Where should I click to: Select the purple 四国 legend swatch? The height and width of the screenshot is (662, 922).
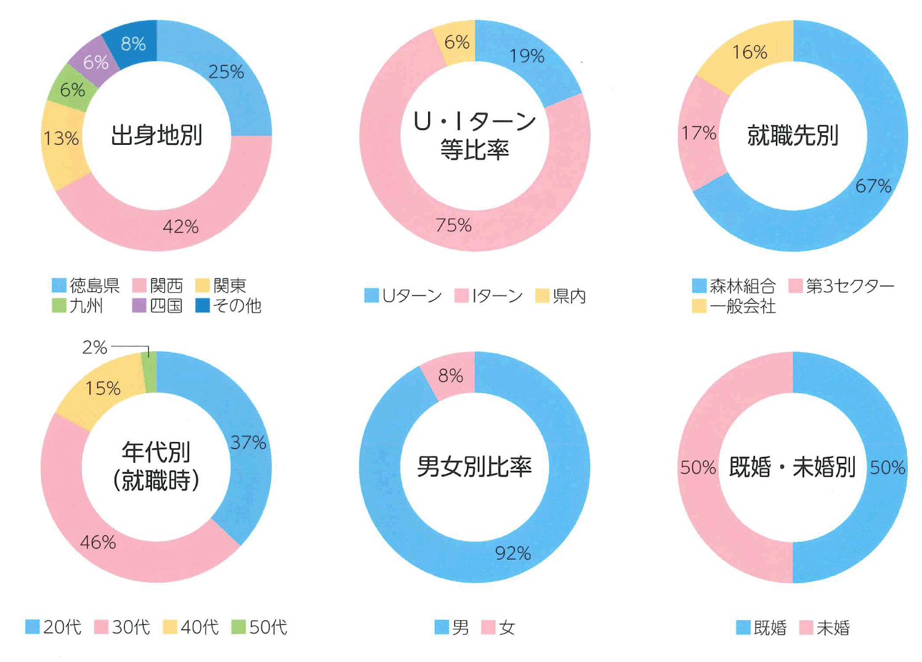pyautogui.click(x=139, y=305)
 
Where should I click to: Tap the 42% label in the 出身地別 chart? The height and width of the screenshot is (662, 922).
pyautogui.click(x=180, y=227)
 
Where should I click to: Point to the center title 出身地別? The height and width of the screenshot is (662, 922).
pyautogui.click(x=156, y=135)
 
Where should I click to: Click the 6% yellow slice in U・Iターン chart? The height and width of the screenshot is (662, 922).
pyautogui.click(x=456, y=42)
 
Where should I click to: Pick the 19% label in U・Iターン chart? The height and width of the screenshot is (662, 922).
pyautogui.click(x=527, y=56)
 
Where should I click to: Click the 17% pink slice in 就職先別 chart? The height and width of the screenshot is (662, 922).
pyautogui.click(x=699, y=133)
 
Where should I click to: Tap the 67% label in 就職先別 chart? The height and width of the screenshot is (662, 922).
pyautogui.click(x=873, y=186)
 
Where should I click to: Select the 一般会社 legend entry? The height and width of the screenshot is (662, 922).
pyautogui.click(x=742, y=306)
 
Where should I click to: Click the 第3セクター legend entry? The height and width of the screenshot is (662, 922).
pyautogui.click(x=849, y=286)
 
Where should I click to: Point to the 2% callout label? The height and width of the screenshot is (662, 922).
pyautogui.click(x=94, y=348)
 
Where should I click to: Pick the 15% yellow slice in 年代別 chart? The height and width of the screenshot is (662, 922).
pyautogui.click(x=103, y=388)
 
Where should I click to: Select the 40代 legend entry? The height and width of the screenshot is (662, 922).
pyautogui.click(x=199, y=627)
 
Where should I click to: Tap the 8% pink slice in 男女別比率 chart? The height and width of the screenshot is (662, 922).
pyautogui.click(x=450, y=375)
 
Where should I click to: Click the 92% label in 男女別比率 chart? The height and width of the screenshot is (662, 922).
pyautogui.click(x=513, y=554)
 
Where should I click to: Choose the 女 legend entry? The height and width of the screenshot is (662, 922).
pyautogui.click(x=506, y=628)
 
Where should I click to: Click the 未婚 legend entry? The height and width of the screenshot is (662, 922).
pyautogui.click(x=832, y=628)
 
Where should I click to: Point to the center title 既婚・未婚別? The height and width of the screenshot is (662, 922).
pyautogui.click(x=792, y=467)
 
